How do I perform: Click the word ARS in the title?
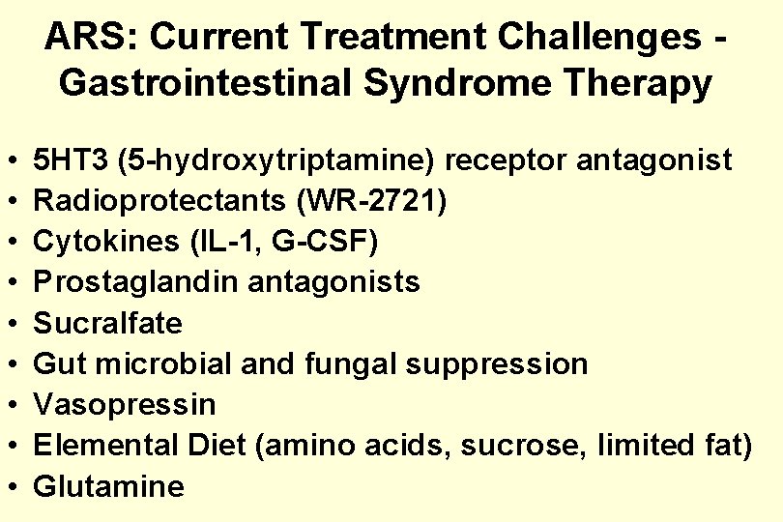pyautogui.click(x=85, y=38)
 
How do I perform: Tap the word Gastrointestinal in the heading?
pyautogui.click(x=184, y=83)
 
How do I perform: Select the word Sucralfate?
pyautogui.click(x=108, y=322)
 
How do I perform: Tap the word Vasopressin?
pyautogui.click(x=125, y=404)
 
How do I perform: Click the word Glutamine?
pyautogui.click(x=108, y=485)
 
